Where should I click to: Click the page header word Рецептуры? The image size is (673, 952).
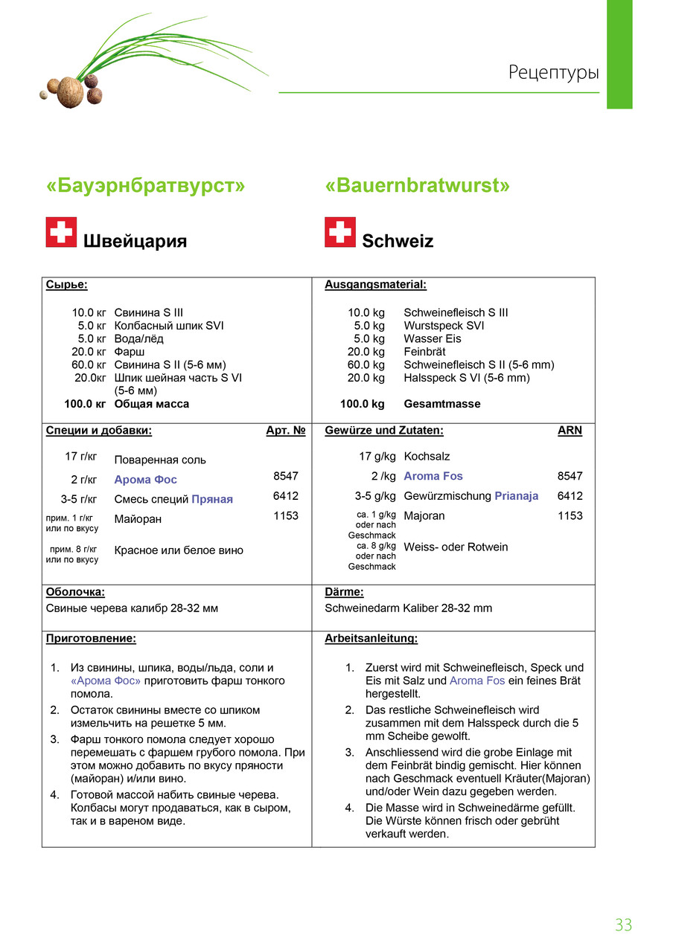(553, 73)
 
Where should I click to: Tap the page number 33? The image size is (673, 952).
(623, 924)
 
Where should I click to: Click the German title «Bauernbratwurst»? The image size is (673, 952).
(417, 185)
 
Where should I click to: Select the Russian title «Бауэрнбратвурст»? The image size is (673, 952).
(145, 185)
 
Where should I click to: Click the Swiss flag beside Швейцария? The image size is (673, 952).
(61, 232)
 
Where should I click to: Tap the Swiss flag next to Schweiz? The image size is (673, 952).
(340, 232)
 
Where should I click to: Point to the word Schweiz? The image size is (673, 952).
(398, 241)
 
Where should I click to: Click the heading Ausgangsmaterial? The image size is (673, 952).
(375, 285)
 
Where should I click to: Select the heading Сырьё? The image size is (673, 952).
(66, 285)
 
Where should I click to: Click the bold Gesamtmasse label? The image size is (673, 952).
(441, 404)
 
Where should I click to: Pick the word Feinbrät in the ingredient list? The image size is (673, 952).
(424, 352)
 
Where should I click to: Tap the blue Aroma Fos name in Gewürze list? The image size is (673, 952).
(433, 476)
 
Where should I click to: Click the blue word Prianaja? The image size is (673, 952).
(516, 496)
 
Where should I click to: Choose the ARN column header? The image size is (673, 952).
(570, 431)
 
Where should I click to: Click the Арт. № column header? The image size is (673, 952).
(285, 431)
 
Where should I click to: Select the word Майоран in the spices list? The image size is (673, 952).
(138, 518)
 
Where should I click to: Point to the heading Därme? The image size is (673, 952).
(344, 593)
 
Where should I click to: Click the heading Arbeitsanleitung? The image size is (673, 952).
(371, 639)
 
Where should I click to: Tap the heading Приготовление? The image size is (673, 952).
(91, 639)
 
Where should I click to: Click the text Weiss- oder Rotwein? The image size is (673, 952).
(456, 547)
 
